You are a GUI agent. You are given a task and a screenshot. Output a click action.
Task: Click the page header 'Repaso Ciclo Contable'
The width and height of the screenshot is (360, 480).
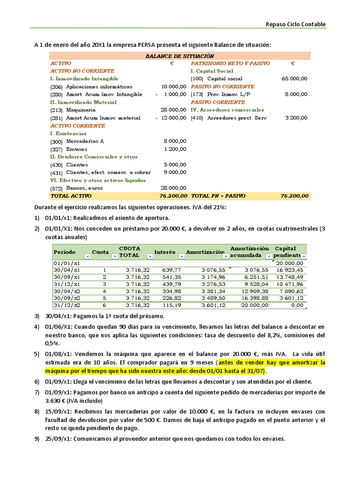[x=295, y=24]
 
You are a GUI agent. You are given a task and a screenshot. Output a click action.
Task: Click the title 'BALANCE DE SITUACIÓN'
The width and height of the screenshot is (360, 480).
[x=176, y=55]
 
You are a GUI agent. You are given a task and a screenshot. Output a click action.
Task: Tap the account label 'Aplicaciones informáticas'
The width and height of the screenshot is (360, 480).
[x=99, y=87]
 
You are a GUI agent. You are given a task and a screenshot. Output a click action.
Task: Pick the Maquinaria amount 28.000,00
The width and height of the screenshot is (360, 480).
[x=173, y=110]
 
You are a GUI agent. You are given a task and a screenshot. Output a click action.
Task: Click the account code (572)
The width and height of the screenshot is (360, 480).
[x=56, y=188]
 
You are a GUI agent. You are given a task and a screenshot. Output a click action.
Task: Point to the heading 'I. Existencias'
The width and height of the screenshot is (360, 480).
[x=69, y=134]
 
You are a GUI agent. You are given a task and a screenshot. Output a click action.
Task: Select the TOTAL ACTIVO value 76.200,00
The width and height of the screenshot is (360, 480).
[x=173, y=196]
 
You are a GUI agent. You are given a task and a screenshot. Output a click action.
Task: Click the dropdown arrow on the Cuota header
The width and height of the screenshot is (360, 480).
[x=113, y=256]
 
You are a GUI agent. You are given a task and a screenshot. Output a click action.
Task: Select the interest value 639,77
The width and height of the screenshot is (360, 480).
[x=171, y=270]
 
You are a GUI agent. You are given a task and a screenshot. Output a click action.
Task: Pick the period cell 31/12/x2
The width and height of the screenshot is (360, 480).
[x=67, y=305]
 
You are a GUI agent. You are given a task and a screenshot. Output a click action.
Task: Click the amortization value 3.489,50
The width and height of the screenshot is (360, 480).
[x=213, y=298]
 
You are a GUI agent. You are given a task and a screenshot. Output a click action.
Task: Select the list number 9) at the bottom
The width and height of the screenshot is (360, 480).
[x=37, y=439]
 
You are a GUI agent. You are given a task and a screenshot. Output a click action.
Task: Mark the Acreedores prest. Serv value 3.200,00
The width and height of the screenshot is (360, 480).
[x=296, y=118]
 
